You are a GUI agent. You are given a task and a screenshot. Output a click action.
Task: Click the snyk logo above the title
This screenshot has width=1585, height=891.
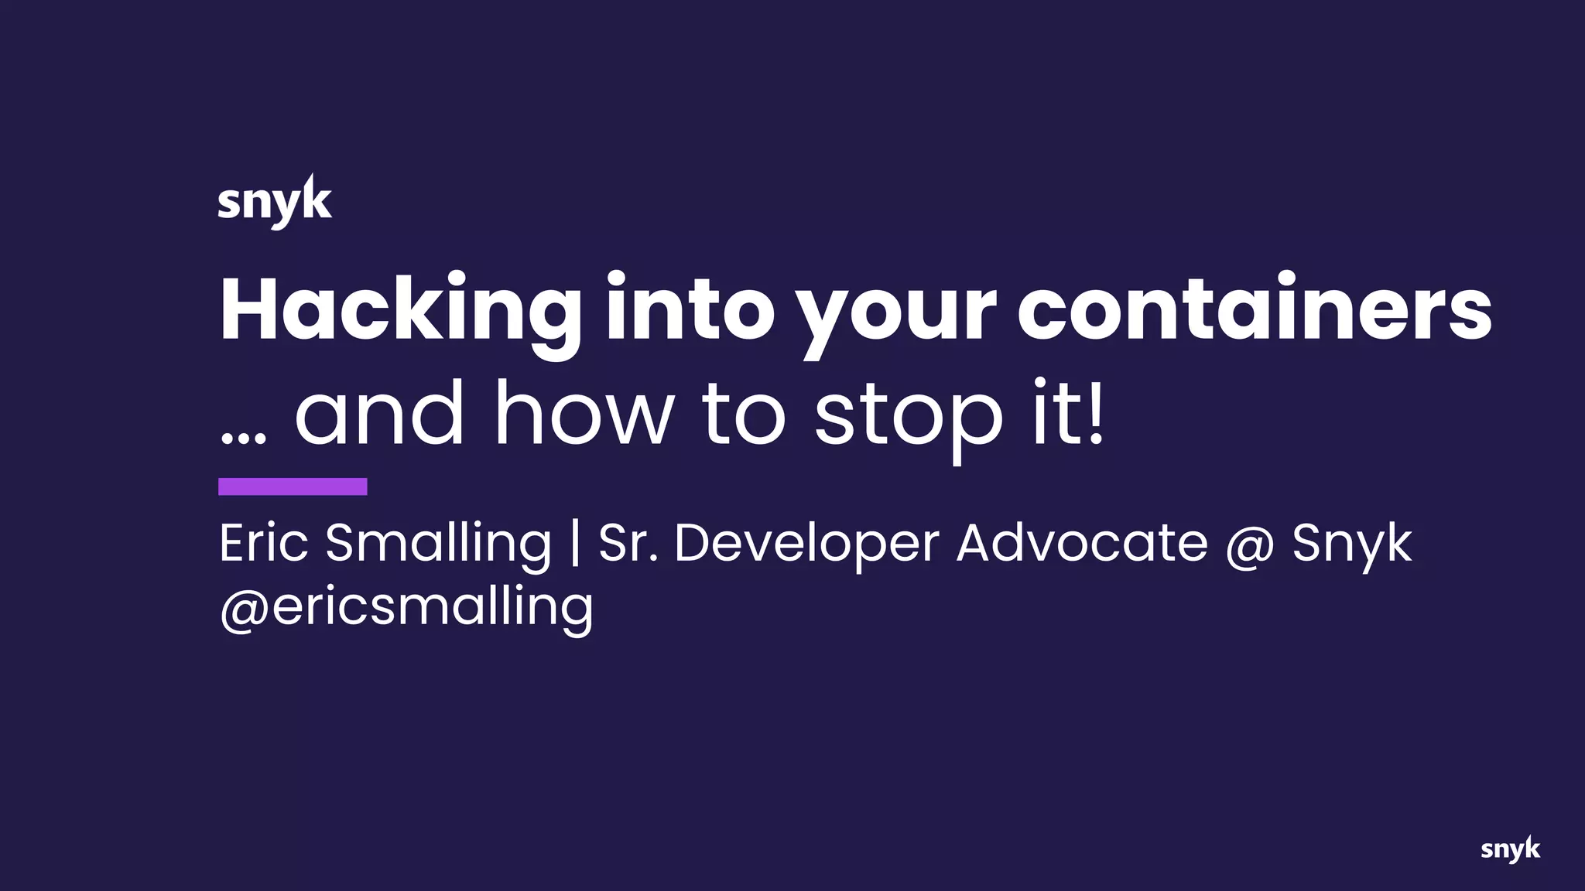pos(275,201)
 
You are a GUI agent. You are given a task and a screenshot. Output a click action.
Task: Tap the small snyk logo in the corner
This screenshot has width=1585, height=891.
pos(1510,849)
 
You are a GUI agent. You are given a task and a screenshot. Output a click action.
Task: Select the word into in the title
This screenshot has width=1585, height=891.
pos(690,309)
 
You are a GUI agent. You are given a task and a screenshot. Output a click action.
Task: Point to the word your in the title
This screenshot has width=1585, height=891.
pos(896,313)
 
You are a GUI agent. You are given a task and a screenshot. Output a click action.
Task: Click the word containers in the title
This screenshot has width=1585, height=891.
pos(1254,309)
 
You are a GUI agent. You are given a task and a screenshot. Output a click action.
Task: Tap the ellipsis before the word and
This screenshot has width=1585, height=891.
pos(243,437)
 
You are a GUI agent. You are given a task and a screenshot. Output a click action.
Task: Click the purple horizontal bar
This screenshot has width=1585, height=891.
pos(293,486)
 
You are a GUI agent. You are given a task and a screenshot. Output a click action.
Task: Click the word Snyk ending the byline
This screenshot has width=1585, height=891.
pos(1352,545)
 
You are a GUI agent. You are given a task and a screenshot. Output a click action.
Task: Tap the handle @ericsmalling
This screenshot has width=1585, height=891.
pos(406,607)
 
